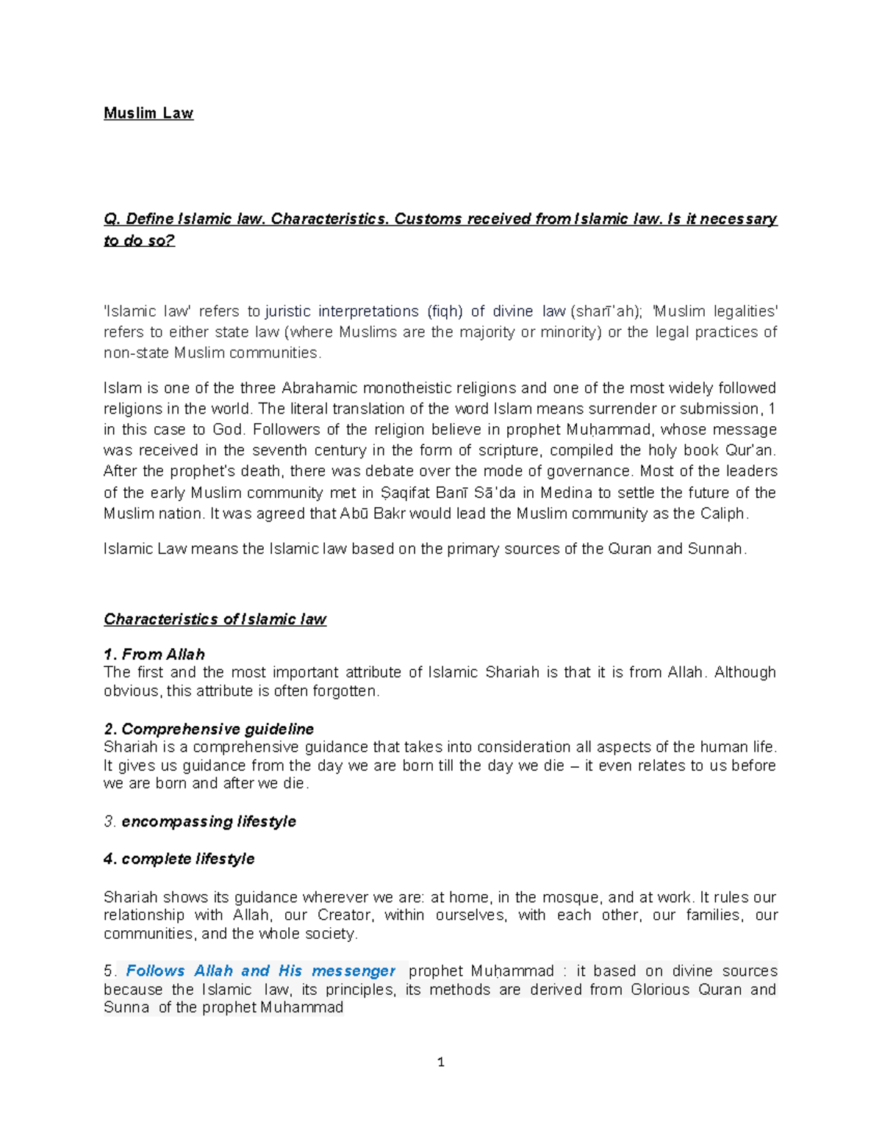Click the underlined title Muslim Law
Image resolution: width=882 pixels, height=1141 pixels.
tap(148, 113)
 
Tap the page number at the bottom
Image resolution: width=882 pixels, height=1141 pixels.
tap(440, 1062)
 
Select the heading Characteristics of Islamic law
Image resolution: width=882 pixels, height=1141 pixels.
tap(215, 619)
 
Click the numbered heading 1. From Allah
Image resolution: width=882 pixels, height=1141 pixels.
tap(154, 654)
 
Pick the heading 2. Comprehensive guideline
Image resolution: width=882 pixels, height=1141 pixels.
tap(209, 729)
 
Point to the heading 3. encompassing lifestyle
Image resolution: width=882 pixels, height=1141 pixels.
tap(200, 821)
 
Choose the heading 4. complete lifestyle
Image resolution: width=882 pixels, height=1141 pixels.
tap(179, 859)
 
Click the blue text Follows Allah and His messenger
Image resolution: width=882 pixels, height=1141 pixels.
tap(260, 971)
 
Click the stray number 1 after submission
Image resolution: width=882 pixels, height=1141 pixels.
tap(771, 408)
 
